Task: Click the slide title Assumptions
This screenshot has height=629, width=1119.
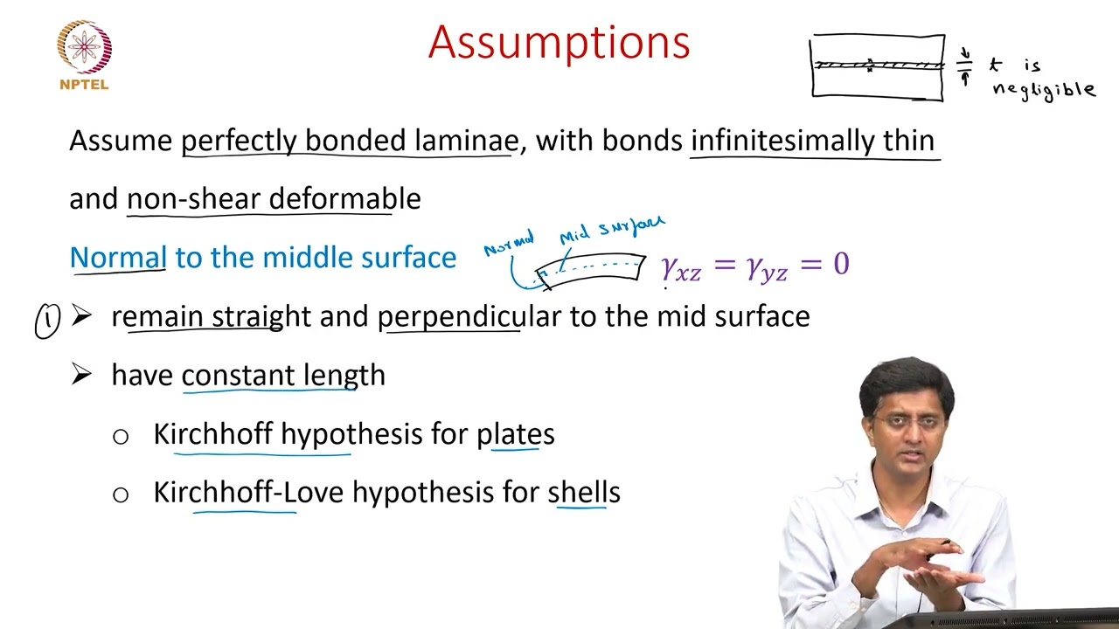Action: [559, 42]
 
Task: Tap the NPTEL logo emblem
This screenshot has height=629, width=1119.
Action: [84, 47]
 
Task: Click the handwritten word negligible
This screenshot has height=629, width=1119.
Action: [1043, 89]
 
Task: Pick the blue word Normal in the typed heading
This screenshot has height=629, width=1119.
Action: [118, 257]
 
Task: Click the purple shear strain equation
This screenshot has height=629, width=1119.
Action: [755, 265]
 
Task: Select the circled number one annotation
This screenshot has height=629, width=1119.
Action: [46, 321]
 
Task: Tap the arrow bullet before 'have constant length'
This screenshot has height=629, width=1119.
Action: [81, 375]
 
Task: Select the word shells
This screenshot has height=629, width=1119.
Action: [584, 493]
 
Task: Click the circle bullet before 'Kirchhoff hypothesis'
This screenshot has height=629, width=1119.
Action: [121, 436]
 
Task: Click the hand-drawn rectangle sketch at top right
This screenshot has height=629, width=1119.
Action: [878, 66]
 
